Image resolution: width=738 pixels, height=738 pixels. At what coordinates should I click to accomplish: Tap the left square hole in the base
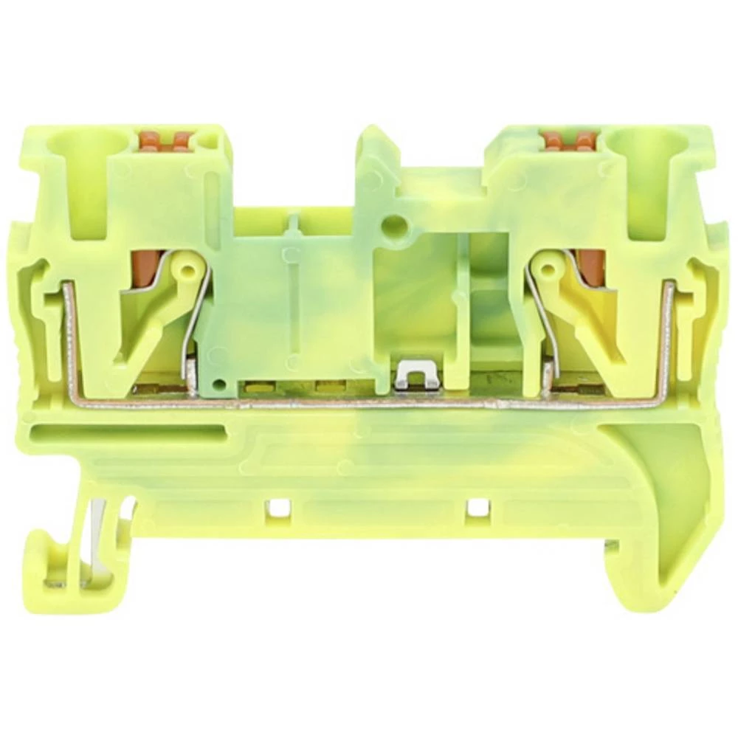tap(277, 508)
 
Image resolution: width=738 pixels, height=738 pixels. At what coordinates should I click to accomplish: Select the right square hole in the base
tap(477, 508)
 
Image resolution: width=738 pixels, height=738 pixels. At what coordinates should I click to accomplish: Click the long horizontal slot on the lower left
tap(125, 434)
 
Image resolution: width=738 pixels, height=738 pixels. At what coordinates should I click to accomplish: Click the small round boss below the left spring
tap(217, 384)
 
